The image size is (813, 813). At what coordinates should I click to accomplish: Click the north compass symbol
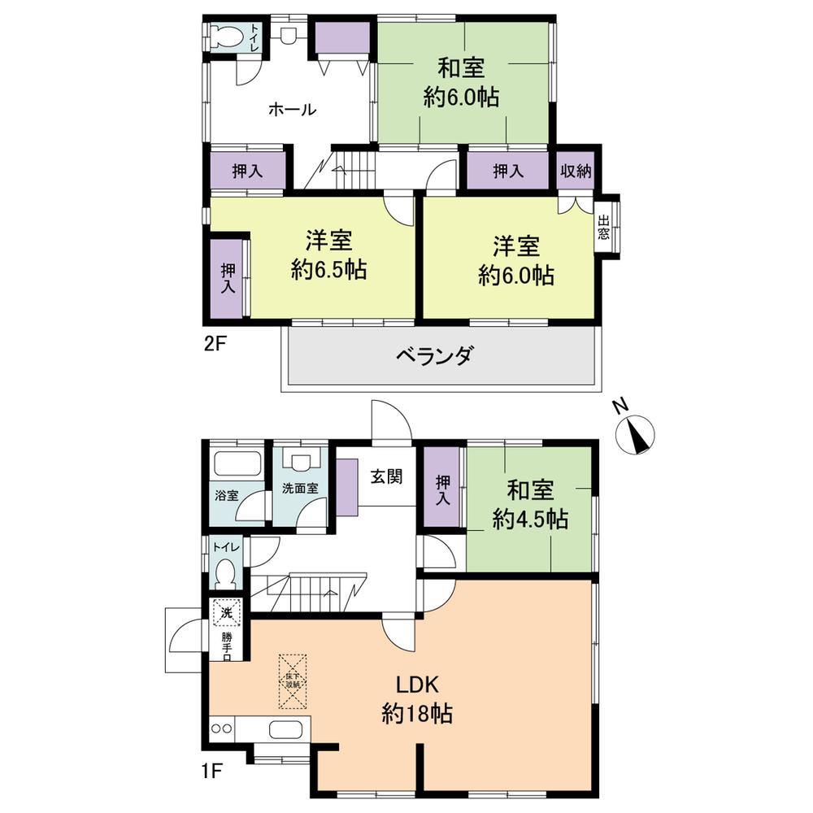[636, 434]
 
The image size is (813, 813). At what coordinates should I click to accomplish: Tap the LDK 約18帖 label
[417, 699]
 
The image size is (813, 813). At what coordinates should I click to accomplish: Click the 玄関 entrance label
[387, 477]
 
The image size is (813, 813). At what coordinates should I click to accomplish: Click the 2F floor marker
[215, 342]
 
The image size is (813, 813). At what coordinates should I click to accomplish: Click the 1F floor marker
[214, 769]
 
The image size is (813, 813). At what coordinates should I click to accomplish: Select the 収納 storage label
[576, 172]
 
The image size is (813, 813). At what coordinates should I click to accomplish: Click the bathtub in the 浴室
[236, 466]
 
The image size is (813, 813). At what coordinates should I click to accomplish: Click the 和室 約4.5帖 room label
[530, 504]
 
